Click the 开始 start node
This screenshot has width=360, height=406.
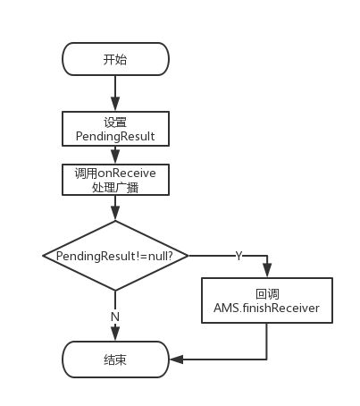[x=115, y=59]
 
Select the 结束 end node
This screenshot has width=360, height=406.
[x=115, y=359]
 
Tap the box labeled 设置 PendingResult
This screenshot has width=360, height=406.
[x=115, y=129]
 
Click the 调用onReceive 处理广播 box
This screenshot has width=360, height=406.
[x=115, y=180]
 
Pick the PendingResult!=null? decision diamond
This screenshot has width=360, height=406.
[x=115, y=256]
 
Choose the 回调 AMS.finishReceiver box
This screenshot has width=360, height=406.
[x=267, y=300]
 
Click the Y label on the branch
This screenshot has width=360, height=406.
[x=239, y=257]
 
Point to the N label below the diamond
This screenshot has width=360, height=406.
[x=115, y=316]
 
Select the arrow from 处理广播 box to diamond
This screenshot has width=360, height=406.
[x=115, y=208]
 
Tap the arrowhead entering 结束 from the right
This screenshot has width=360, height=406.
[x=175, y=359]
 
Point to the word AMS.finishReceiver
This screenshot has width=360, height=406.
[x=267, y=309]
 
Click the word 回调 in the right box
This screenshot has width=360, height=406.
[x=267, y=293]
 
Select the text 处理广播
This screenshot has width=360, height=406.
[x=115, y=188]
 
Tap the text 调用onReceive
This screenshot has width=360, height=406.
[x=115, y=173]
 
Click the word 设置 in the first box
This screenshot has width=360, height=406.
[x=115, y=121]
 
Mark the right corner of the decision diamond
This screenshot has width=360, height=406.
[x=188, y=256]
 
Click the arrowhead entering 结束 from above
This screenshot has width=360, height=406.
[x=115, y=337]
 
